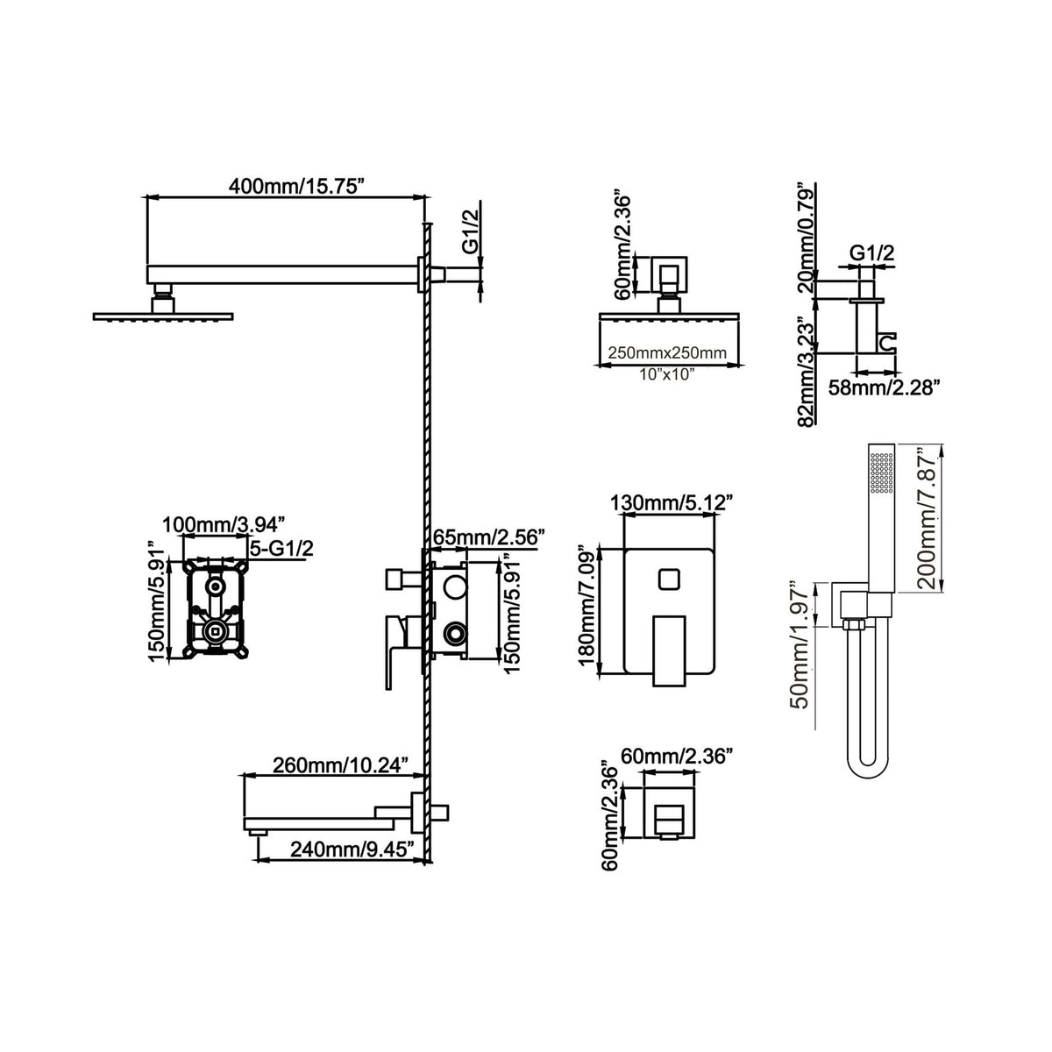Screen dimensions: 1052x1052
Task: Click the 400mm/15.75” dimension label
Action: click(x=296, y=186)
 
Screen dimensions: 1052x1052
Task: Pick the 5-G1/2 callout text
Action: click(x=281, y=549)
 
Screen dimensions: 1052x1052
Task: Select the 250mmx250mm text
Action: click(x=667, y=352)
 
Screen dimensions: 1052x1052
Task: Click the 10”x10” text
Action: click(x=667, y=374)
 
